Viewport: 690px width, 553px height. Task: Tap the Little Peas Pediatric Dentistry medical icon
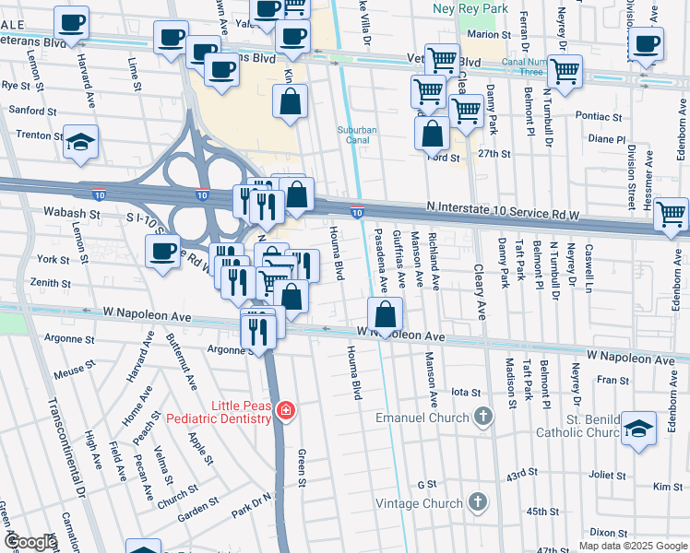coord(286,410)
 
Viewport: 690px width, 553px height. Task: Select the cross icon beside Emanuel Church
coord(482,418)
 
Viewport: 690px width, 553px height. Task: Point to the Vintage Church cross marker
coord(477,502)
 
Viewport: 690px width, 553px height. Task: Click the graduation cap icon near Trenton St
coord(81,142)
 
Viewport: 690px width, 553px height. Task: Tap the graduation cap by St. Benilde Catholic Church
coord(638,429)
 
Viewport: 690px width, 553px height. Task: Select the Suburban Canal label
coord(357,136)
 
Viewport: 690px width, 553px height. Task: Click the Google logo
coord(30,541)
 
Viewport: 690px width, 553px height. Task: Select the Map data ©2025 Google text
coord(632,546)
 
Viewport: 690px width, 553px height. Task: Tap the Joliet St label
coord(608,477)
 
